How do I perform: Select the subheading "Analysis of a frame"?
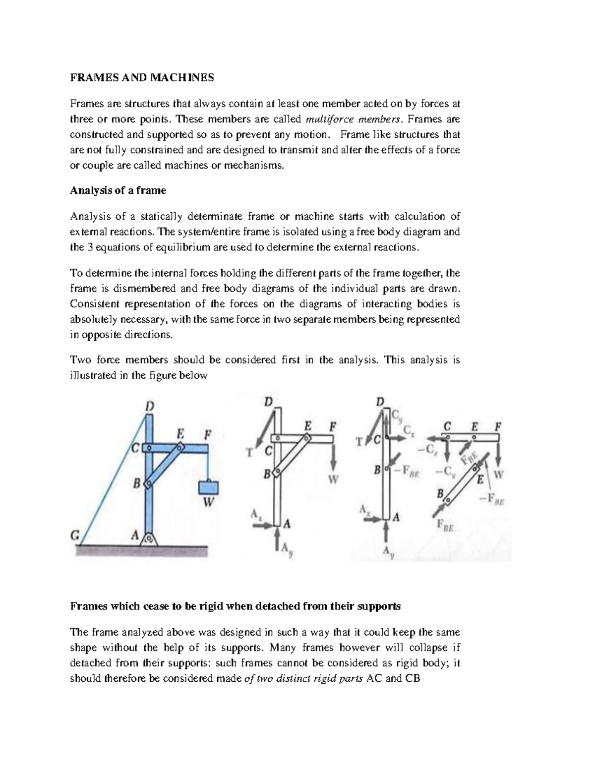(118, 190)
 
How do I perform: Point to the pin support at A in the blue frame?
(148, 537)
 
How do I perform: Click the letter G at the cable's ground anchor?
(75, 535)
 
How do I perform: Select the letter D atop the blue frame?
(149, 407)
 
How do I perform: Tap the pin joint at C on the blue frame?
(147, 448)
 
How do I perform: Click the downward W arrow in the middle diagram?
(334, 456)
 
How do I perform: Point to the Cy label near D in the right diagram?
(397, 415)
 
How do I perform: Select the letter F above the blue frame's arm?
(208, 434)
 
